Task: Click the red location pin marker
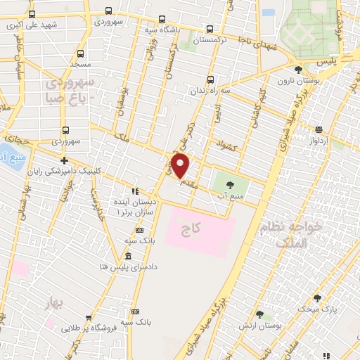[181, 166]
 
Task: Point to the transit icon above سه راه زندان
[210, 80]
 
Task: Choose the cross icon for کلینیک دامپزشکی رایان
[64, 161]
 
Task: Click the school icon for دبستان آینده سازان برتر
[135, 191]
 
